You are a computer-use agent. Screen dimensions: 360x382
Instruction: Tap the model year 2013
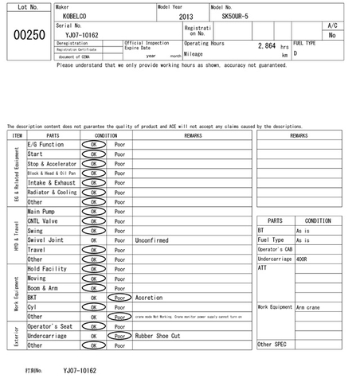click(x=186, y=16)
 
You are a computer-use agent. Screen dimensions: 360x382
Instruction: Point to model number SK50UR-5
click(x=235, y=16)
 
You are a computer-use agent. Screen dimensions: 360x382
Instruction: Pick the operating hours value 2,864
click(x=260, y=47)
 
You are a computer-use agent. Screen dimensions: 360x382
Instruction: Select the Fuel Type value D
click(x=295, y=53)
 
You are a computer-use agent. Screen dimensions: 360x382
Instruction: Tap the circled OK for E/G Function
click(x=94, y=145)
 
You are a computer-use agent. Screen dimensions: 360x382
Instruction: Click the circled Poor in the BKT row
click(x=119, y=298)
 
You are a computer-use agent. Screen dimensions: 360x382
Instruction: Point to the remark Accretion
click(x=149, y=298)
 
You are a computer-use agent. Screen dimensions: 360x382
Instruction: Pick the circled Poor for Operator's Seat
click(x=119, y=326)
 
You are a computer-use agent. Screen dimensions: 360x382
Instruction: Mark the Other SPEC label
click(x=272, y=345)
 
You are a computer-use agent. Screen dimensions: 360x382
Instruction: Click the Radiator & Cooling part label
click(x=52, y=193)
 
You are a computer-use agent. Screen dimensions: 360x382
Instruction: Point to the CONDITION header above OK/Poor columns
click(x=106, y=135)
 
